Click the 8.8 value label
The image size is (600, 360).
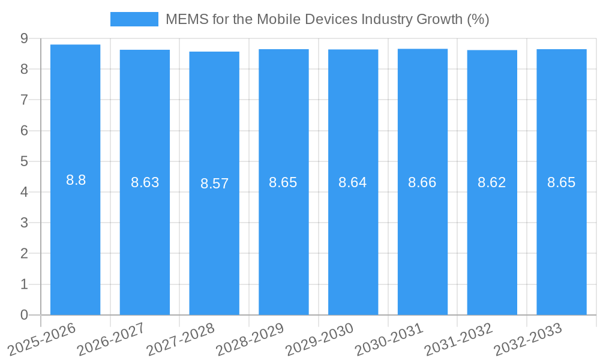click(x=76, y=180)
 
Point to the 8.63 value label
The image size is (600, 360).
click(x=145, y=182)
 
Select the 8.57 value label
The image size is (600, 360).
click(x=214, y=184)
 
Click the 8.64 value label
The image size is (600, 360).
click(x=353, y=182)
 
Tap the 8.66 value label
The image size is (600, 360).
click(x=422, y=182)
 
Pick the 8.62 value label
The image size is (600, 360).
click(x=492, y=182)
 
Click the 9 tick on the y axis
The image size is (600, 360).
click(x=24, y=38)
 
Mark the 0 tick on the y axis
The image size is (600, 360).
click(x=24, y=315)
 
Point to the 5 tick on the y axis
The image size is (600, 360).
click(x=24, y=161)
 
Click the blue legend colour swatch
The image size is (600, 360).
click(x=134, y=19)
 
